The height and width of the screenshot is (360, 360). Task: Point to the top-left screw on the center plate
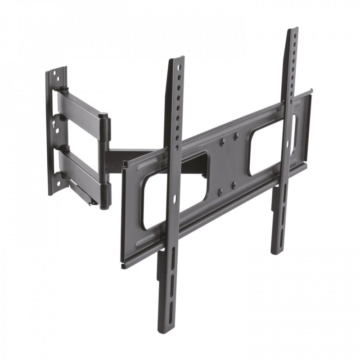[x=221, y=142]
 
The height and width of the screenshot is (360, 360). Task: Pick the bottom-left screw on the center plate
[x=219, y=193]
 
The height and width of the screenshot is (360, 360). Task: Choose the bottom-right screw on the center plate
[x=234, y=184]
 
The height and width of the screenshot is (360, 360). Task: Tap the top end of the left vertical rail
[x=176, y=61]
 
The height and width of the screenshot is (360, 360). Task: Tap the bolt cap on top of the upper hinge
[x=104, y=114]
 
